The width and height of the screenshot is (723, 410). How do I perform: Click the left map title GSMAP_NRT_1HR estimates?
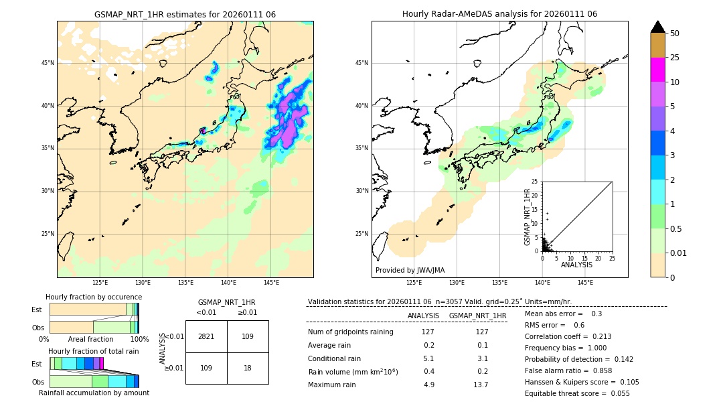185,14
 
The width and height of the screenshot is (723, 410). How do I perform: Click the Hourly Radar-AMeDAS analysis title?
499,14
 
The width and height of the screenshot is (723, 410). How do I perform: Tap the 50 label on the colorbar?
675,33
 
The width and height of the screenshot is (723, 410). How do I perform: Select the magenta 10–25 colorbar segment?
657,70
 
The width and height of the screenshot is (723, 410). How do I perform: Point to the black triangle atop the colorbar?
657,27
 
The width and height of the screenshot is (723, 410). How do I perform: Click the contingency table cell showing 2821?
206,336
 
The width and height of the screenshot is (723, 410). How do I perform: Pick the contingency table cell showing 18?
248,368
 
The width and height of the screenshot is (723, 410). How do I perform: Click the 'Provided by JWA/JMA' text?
410,271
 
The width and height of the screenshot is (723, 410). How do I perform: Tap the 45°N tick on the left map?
48,63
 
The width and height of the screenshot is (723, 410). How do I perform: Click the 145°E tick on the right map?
585,283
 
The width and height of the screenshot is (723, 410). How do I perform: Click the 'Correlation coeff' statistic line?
568,336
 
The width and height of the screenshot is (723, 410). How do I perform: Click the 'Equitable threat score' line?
577,393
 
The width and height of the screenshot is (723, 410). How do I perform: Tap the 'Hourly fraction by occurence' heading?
94,297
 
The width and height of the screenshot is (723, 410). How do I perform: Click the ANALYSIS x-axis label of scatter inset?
576,265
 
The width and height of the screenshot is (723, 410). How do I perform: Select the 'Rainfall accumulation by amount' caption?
94,393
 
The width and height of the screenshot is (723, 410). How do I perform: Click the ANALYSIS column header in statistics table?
423,316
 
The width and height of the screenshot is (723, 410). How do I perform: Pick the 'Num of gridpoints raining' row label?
351,332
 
